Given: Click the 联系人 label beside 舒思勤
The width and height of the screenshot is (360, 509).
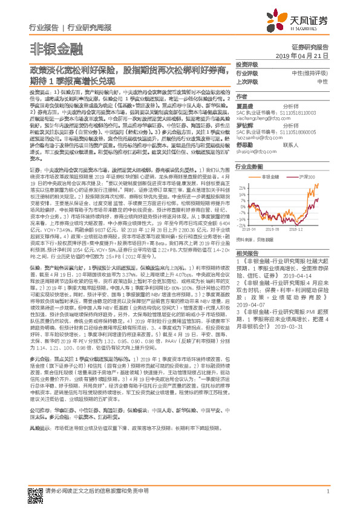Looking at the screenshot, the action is coord(292,144).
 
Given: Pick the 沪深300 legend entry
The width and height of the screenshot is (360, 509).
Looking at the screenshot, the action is coord(307,177).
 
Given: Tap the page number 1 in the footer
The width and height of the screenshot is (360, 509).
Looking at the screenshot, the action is coord(327,493).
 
